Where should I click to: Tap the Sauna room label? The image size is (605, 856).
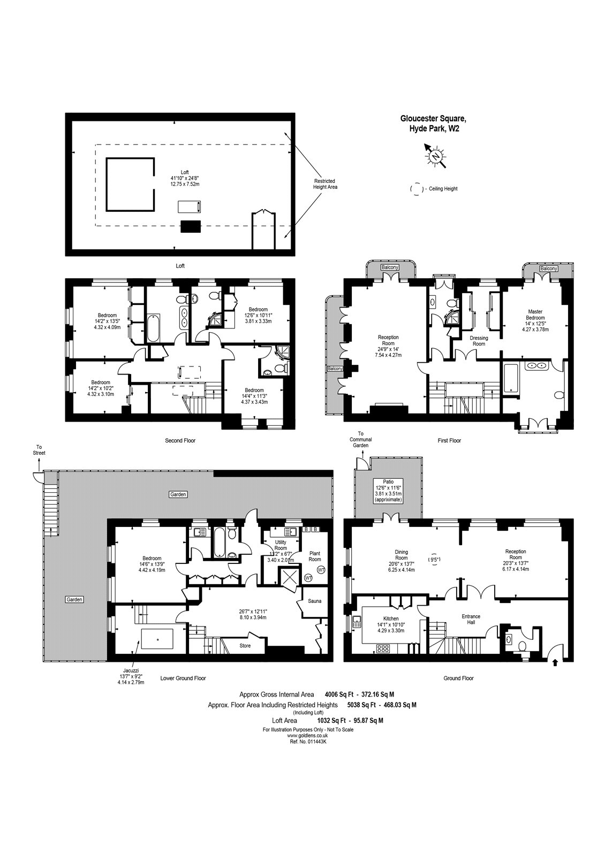click(x=315, y=601)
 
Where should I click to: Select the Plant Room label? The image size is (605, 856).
click(x=315, y=556)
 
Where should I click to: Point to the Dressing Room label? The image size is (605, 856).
click(x=478, y=341)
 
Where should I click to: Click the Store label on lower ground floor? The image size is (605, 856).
click(x=245, y=646)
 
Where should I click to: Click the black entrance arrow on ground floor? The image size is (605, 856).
click(x=554, y=662)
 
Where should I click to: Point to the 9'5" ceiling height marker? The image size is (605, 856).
click(x=434, y=560)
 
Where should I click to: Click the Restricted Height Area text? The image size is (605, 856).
click(x=325, y=184)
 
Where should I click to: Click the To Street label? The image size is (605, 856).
click(x=39, y=450)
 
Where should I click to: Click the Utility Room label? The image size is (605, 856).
click(x=281, y=545)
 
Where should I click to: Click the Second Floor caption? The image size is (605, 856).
click(x=180, y=441)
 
